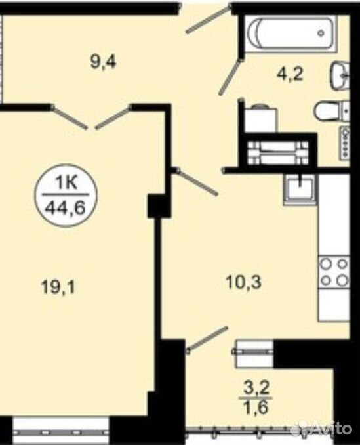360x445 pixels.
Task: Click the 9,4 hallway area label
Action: coord(103,62)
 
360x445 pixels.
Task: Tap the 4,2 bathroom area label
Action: coord(290,75)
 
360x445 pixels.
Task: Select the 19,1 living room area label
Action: coord(58,287)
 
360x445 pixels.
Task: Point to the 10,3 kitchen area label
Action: coord(243,282)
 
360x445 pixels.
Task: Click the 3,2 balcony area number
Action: coord(255,387)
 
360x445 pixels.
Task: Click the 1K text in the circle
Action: coord(66,184)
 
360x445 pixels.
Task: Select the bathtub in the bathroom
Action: coord(291,33)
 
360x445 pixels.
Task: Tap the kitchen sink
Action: coord(299,189)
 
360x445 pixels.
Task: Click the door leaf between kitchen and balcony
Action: coord(207,339)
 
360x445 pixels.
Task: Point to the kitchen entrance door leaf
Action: coord(197,182)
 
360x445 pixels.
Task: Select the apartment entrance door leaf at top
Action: coord(208,20)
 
